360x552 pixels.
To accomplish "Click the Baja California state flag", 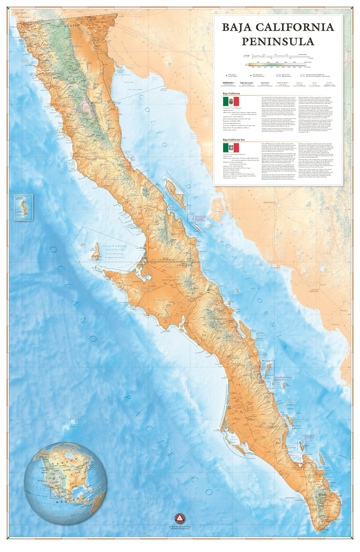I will click(x=231, y=101).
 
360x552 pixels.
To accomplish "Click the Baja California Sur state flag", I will click(x=231, y=147).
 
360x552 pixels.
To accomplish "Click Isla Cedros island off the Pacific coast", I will click(x=95, y=251).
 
